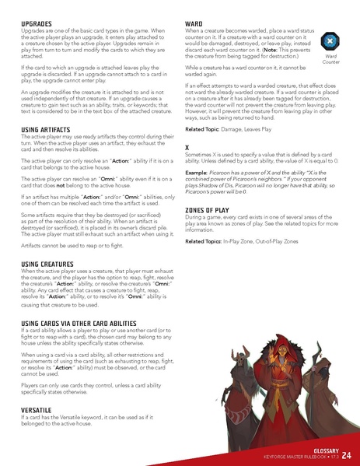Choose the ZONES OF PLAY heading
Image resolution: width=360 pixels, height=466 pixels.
pyautogui.click(x=211, y=210)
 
